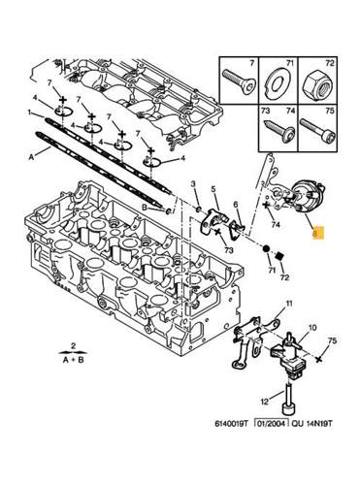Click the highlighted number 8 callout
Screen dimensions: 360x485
tap(317, 233)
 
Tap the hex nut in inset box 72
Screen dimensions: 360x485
tap(317, 84)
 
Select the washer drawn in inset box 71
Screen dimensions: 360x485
tap(278, 85)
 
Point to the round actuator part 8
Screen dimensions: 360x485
tap(307, 196)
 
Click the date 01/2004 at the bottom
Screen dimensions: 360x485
tap(272, 423)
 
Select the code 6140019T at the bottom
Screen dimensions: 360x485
tap(231, 423)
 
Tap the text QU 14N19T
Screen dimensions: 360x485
tap(311, 423)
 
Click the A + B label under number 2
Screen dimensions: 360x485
tap(73, 360)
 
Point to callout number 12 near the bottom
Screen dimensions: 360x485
tap(265, 402)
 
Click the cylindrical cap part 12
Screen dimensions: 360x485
tap(288, 401)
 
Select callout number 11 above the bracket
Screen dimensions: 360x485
tap(288, 304)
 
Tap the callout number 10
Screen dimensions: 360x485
tap(312, 328)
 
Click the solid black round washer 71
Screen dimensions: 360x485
tap(266, 249)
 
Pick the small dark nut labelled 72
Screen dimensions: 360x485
tap(280, 256)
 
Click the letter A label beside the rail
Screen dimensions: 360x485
tap(31, 157)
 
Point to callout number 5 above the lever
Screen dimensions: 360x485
tap(213, 187)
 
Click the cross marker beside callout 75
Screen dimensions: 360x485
tap(320, 359)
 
